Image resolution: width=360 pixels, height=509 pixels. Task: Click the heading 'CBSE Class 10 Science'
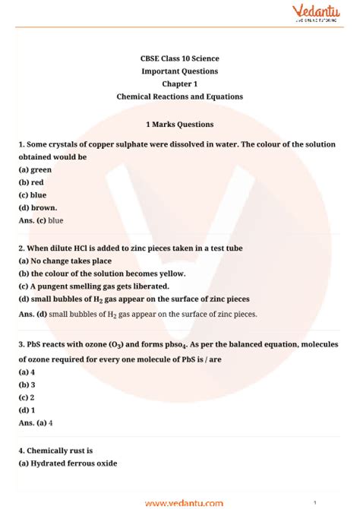179,58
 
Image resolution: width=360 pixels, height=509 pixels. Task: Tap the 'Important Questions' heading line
179,71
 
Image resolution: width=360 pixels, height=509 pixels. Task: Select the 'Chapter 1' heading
179,84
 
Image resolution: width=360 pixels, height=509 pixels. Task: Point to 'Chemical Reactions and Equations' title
179,97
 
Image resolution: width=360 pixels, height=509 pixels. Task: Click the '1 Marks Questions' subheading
179,124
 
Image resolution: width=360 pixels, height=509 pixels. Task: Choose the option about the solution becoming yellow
102,273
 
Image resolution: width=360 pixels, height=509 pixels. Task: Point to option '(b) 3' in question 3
27,384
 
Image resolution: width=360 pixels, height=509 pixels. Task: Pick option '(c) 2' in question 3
27,397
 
